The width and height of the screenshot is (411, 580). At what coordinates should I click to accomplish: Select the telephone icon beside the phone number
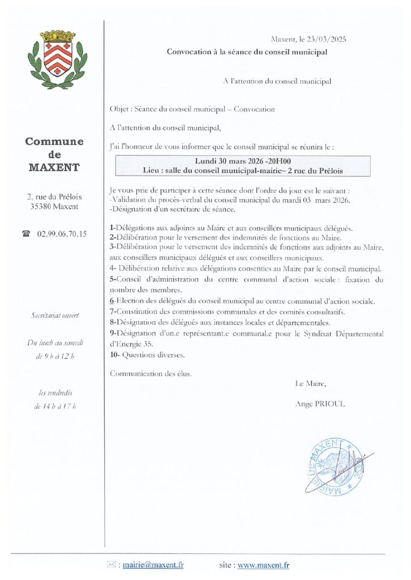tap(25, 233)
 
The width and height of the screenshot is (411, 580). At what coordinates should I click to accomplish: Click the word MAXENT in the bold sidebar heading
tap(54, 168)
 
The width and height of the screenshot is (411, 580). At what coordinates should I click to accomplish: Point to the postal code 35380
tap(41, 207)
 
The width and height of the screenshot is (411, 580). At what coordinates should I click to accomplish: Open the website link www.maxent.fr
tap(263, 564)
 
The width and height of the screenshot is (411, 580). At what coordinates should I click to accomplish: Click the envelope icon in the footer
tap(112, 564)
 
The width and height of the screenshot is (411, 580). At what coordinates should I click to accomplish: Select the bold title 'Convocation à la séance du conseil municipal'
tap(247, 52)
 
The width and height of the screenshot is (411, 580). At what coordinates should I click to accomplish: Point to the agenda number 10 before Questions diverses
tap(114, 355)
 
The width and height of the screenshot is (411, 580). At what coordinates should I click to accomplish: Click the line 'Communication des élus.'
tap(151, 373)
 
